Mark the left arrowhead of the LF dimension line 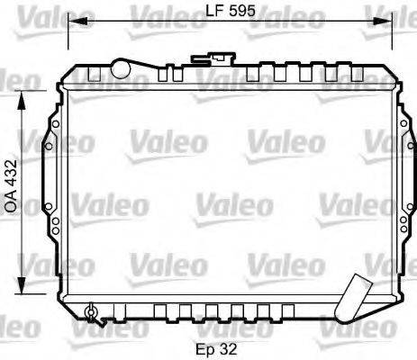[x=74, y=22]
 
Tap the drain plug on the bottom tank [x=89, y=312]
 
